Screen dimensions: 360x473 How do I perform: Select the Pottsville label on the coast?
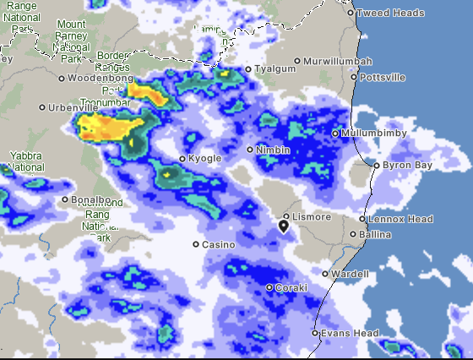click(382, 77)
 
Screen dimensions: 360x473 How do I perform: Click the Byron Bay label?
click(407, 166)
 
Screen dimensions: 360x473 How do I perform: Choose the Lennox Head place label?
click(400, 219)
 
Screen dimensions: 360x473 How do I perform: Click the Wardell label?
click(351, 274)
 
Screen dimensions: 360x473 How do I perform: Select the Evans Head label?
click(350, 333)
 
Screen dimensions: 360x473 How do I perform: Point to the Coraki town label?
click(291, 288)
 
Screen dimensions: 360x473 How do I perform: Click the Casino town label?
click(218, 244)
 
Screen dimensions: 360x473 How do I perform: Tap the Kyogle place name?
click(204, 159)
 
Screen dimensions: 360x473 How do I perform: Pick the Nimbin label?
click(274, 150)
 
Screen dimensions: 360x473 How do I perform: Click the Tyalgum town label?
click(275, 69)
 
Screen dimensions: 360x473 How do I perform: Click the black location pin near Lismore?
click(284, 226)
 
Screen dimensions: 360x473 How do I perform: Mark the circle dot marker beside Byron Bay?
click(377, 166)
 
